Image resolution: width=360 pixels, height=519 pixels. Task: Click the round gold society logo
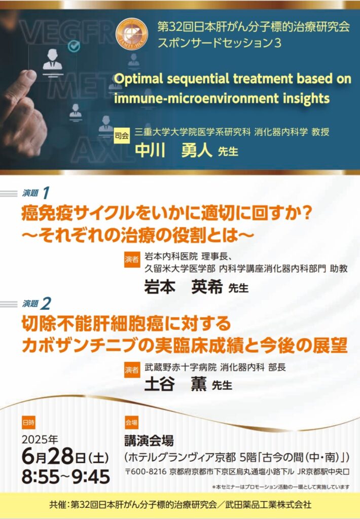[132, 34]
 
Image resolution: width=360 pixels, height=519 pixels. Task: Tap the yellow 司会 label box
[122, 136]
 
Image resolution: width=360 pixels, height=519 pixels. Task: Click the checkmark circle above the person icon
[74, 46]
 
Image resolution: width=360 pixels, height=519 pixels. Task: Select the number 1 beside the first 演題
[46, 193]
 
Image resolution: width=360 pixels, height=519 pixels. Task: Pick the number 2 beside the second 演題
[46, 304]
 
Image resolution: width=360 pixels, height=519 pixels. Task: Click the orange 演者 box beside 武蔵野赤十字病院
[132, 369]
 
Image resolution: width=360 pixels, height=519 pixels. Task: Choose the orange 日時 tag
[28, 423]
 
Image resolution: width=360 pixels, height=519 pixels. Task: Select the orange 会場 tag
[131, 423]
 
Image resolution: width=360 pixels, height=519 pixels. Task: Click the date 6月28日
[54, 457]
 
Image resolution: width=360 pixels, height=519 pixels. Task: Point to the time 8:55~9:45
[66, 477]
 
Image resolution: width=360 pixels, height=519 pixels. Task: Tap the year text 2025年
[40, 439]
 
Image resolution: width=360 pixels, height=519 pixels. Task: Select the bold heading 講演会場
[149, 440]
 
